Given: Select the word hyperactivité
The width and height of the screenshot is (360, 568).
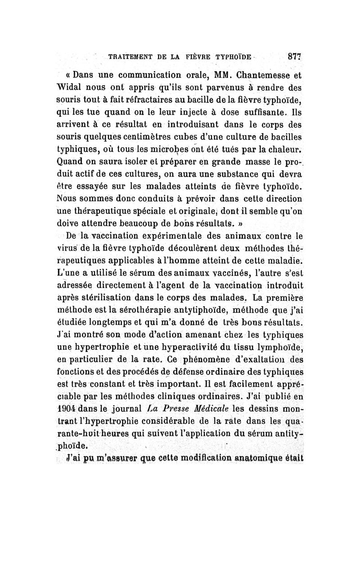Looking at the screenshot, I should (x=197, y=347).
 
